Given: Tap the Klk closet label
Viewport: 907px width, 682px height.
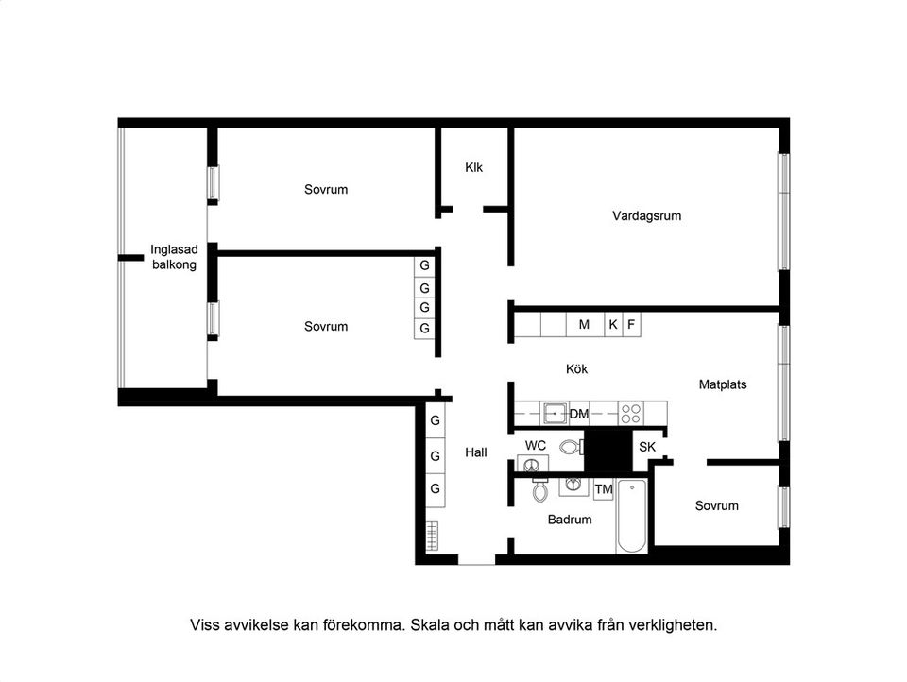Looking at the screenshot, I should [x=473, y=167].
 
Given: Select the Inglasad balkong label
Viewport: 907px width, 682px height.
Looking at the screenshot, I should [x=174, y=257].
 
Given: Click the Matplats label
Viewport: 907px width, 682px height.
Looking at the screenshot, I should [x=723, y=384].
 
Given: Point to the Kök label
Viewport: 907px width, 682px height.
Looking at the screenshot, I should [x=576, y=368].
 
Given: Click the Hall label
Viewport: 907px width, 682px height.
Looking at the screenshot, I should [x=476, y=452].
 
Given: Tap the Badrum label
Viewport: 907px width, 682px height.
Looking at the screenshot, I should [x=570, y=520].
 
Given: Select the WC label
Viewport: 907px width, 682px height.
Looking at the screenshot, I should [x=536, y=445].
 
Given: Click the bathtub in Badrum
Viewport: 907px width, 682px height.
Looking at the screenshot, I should [x=632, y=518].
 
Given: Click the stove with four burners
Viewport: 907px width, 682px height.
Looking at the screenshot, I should [x=630, y=414].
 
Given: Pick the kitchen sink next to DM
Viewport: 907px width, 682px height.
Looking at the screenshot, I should [x=554, y=414].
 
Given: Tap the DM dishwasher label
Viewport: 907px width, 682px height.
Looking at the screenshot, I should [x=579, y=414].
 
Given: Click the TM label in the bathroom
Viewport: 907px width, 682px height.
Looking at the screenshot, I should [x=604, y=489].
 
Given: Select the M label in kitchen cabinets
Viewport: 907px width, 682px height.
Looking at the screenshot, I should [x=584, y=324].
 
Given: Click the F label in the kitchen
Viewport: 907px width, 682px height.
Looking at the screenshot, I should [x=631, y=324].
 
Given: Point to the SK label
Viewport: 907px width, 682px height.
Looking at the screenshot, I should [x=647, y=447].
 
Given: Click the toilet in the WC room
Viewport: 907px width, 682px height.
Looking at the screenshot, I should [x=570, y=447].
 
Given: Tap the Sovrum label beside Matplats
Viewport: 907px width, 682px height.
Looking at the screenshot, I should [x=716, y=505].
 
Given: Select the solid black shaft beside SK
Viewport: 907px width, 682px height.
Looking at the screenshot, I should [x=608, y=451].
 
